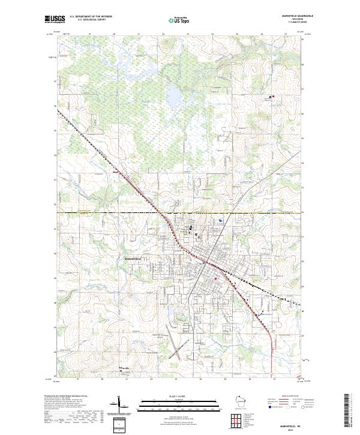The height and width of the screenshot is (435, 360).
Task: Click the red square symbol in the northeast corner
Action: click(271, 96)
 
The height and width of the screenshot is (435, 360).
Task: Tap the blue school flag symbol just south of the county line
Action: click(221, 221)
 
